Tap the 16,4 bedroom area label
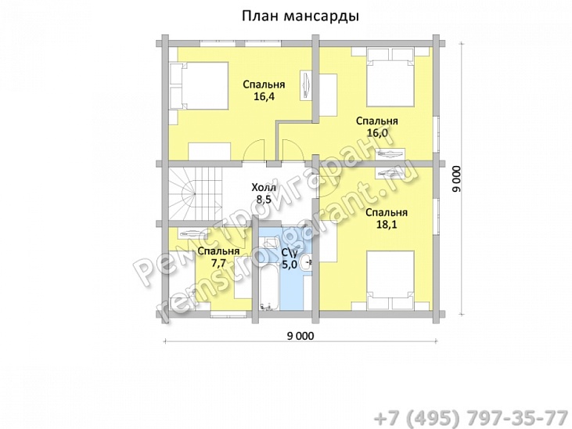(x=263, y=91)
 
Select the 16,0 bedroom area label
(x=377, y=127)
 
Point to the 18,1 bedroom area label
(x=387, y=218)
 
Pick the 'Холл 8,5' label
(x=263, y=194)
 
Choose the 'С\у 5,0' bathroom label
(x=289, y=258)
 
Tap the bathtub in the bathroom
(x=267, y=274)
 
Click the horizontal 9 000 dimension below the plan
(x=300, y=336)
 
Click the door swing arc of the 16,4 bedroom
(x=254, y=151)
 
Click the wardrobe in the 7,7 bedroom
(x=192, y=233)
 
